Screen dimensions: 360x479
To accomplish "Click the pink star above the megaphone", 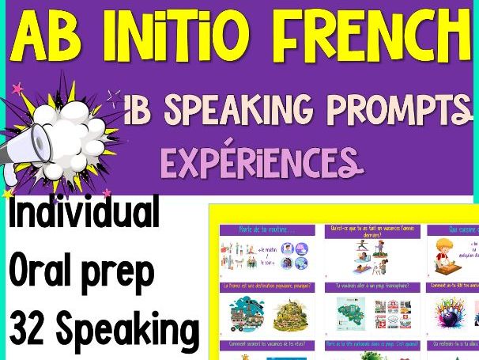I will (16, 86).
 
